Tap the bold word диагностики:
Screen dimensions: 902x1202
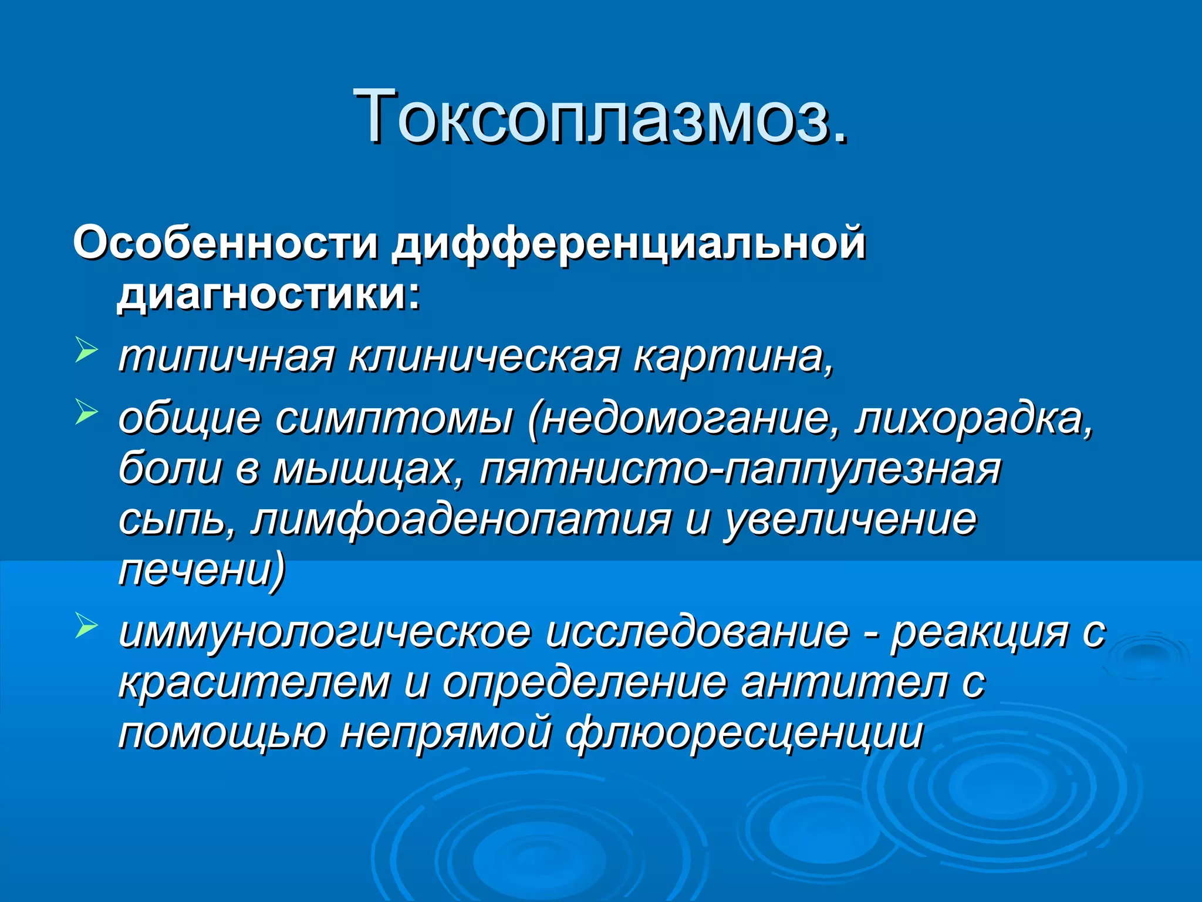pyautogui.click(x=269, y=294)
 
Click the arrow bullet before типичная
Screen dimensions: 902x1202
pyautogui.click(x=86, y=350)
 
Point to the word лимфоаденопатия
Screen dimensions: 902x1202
pyautogui.click(x=461, y=519)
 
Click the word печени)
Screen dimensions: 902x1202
pyautogui.click(x=202, y=570)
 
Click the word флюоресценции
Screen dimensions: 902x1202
pyautogui.click(x=744, y=733)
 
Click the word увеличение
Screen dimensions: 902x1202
pyautogui.click(x=849, y=519)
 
